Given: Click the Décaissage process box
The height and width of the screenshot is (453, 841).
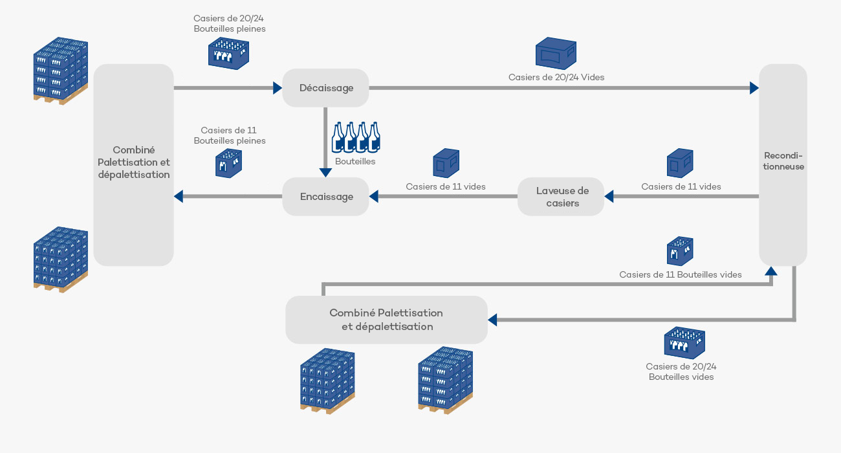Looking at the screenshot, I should (x=325, y=87).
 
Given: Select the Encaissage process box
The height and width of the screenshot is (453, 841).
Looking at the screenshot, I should (x=325, y=196).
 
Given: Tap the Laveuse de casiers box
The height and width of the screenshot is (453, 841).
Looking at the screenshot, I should (x=561, y=196).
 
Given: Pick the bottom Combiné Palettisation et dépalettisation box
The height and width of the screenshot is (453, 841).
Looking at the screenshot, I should (x=386, y=320).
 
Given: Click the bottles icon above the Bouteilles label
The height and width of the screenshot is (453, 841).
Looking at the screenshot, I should (x=355, y=137).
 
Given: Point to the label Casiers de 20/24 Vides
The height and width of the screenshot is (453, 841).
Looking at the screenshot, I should (x=556, y=77).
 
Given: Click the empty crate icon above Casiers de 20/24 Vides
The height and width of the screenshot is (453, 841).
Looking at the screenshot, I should (x=555, y=54).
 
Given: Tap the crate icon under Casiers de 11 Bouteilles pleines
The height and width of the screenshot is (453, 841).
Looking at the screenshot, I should (x=229, y=164).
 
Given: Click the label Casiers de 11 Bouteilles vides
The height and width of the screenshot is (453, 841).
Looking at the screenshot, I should (x=680, y=274).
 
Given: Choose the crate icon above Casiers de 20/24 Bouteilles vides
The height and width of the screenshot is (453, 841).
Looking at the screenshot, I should (x=684, y=343).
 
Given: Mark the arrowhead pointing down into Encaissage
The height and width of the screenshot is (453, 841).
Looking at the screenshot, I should (x=325, y=172).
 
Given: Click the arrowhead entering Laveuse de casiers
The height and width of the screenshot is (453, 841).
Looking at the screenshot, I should (x=609, y=196).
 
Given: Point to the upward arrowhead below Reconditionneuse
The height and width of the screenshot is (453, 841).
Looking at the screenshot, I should (x=770, y=271).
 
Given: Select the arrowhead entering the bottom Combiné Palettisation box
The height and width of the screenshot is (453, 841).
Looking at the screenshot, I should (x=492, y=320).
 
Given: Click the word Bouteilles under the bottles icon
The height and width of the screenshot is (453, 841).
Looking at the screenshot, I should (x=355, y=162).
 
